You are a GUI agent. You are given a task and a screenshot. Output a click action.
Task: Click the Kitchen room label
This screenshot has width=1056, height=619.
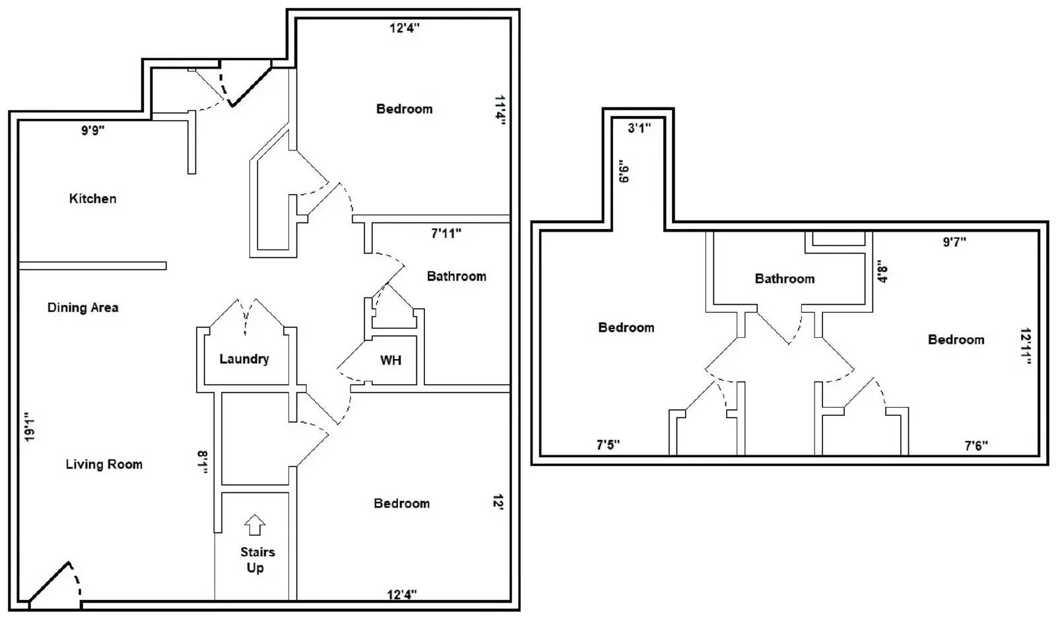pyautogui.click(x=92, y=199)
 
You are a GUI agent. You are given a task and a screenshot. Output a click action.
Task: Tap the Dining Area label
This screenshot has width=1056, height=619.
pyautogui.click(x=82, y=308)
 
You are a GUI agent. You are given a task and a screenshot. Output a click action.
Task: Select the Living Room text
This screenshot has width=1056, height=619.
pyautogui.click(x=104, y=465)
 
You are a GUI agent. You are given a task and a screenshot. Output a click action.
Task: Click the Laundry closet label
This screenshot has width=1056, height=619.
pyautogui.click(x=244, y=359)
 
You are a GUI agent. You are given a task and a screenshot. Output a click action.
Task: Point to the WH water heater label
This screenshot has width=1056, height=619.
pyautogui.click(x=391, y=360)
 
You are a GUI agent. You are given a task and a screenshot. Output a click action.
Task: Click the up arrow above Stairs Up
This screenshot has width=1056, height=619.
pyautogui.click(x=255, y=525)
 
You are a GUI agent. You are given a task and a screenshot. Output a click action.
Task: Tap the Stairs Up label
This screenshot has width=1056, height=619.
pyautogui.click(x=257, y=560)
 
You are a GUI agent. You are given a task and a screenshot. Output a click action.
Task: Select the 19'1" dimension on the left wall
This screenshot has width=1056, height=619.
pyautogui.click(x=29, y=427)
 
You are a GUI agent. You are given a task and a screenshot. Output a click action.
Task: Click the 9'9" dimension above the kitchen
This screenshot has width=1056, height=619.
pyautogui.click(x=92, y=130)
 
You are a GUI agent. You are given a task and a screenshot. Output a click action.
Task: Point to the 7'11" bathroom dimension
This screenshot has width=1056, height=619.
pyautogui.click(x=446, y=233)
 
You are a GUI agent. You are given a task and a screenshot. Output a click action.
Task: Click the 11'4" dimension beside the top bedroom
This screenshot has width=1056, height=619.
pyautogui.click(x=500, y=110)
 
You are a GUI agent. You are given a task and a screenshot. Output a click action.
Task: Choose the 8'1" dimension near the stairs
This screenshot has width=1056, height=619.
pyautogui.click(x=203, y=463)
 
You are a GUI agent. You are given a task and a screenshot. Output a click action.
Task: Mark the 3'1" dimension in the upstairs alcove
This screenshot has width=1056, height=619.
pyautogui.click(x=639, y=128)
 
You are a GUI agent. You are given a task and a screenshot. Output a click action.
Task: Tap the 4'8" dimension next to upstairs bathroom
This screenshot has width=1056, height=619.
pyautogui.click(x=882, y=271)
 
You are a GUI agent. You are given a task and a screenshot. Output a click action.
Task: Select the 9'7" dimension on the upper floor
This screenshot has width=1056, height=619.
pyautogui.click(x=954, y=242)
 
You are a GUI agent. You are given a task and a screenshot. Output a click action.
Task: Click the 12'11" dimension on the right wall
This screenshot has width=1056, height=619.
pyautogui.click(x=1025, y=346)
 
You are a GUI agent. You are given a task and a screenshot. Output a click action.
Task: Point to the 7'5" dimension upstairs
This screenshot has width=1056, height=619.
pyautogui.click(x=608, y=445)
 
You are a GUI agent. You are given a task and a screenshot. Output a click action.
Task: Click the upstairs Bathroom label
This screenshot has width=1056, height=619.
pyautogui.click(x=785, y=279)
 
